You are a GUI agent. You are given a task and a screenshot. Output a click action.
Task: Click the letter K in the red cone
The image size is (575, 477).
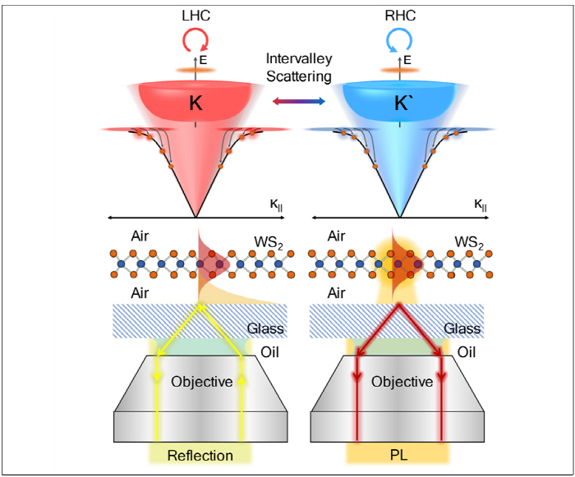point(195,105)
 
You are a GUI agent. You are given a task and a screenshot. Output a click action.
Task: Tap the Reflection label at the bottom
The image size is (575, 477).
point(200,455)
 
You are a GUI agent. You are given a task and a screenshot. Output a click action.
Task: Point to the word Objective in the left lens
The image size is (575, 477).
point(198,382)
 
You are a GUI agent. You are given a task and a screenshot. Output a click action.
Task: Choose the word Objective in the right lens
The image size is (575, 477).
point(402,382)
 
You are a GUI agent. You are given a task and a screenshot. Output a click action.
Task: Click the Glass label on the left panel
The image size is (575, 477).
point(265,329)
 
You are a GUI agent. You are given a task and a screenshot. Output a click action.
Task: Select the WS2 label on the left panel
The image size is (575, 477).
point(269,244)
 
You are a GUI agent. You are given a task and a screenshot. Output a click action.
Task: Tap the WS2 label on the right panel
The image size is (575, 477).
point(469,244)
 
